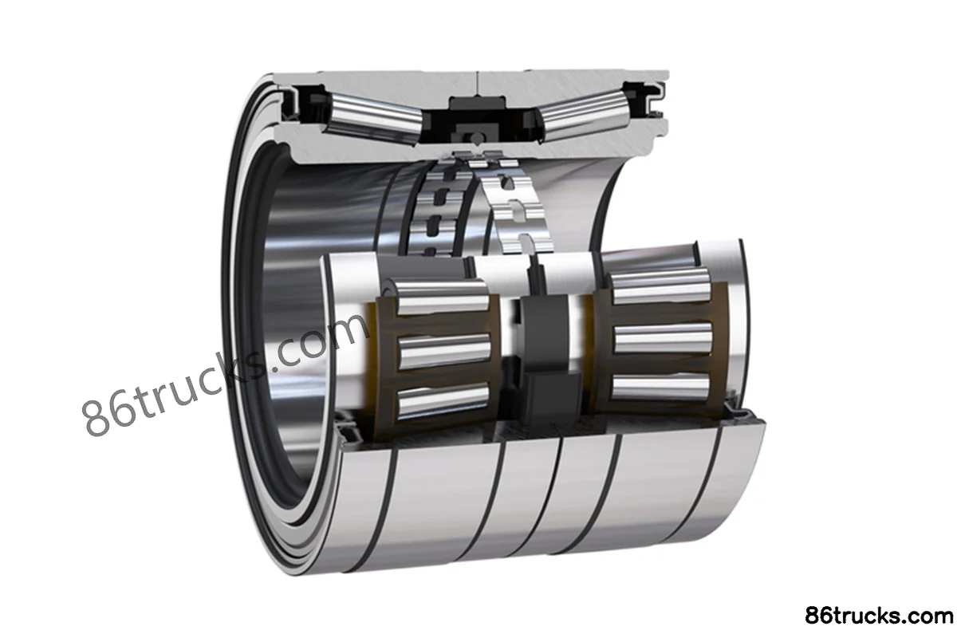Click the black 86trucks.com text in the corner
pos(879,616)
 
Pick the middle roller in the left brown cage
pos(444,351)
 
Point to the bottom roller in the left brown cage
pos(443,400)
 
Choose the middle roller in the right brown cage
pos(663,337)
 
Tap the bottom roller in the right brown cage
pos(660,388)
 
